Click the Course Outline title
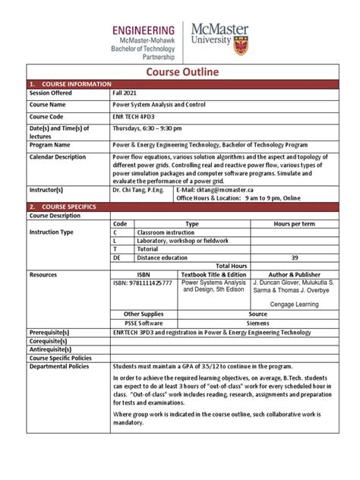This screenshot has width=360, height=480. click(x=180, y=71)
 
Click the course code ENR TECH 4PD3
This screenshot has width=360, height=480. click(x=135, y=116)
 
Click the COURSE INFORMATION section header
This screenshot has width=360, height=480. click(x=68, y=83)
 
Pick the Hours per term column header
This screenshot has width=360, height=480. click(x=294, y=224)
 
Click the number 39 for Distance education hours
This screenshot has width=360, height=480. click(x=294, y=257)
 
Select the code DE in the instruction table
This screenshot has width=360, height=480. click(x=118, y=257)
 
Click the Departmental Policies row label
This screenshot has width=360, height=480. click(x=59, y=366)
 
